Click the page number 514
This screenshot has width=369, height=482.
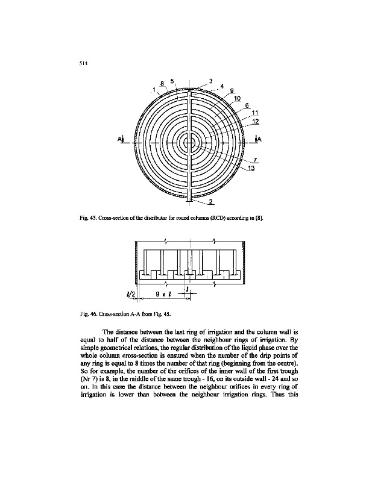[x=83, y=63]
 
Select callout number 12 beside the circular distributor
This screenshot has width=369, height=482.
[x=256, y=120]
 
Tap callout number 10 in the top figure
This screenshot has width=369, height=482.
[x=237, y=98]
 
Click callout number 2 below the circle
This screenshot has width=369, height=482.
[x=211, y=201]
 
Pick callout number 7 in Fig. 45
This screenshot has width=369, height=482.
[x=256, y=159]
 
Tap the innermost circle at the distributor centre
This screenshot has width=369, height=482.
[x=190, y=142]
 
